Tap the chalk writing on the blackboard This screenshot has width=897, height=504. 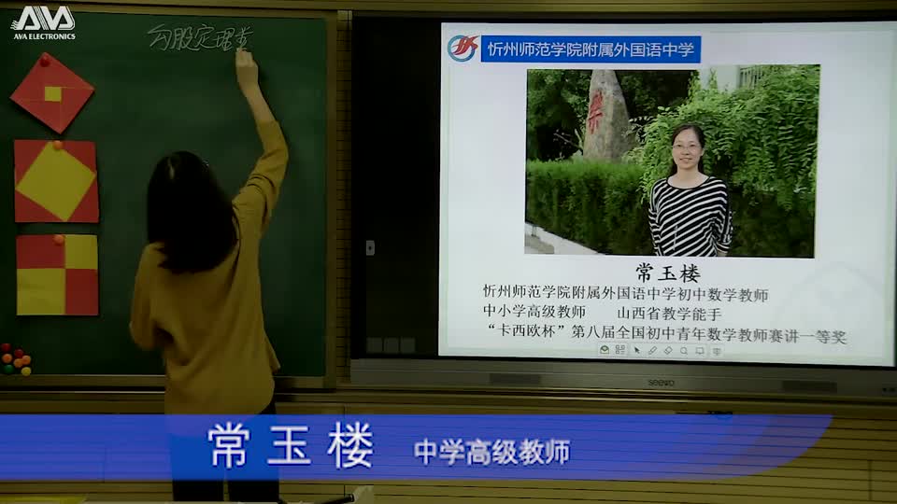click(198, 38)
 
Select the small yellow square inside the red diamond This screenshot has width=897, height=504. click(53, 93)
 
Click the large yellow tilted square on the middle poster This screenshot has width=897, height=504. click(56, 180)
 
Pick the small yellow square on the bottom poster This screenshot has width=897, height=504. click(81, 251)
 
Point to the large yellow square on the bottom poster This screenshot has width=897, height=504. click(40, 291)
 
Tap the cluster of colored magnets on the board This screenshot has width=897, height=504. click(15, 359)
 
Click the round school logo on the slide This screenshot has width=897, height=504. click(463, 49)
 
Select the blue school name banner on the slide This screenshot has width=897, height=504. click(591, 49)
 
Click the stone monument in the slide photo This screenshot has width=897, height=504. click(608, 116)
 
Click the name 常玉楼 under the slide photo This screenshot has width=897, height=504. click(667, 273)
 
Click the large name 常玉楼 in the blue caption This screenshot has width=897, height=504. click(291, 445)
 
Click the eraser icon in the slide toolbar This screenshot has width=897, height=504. click(668, 351)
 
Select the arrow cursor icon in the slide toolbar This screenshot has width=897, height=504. click(636, 351)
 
